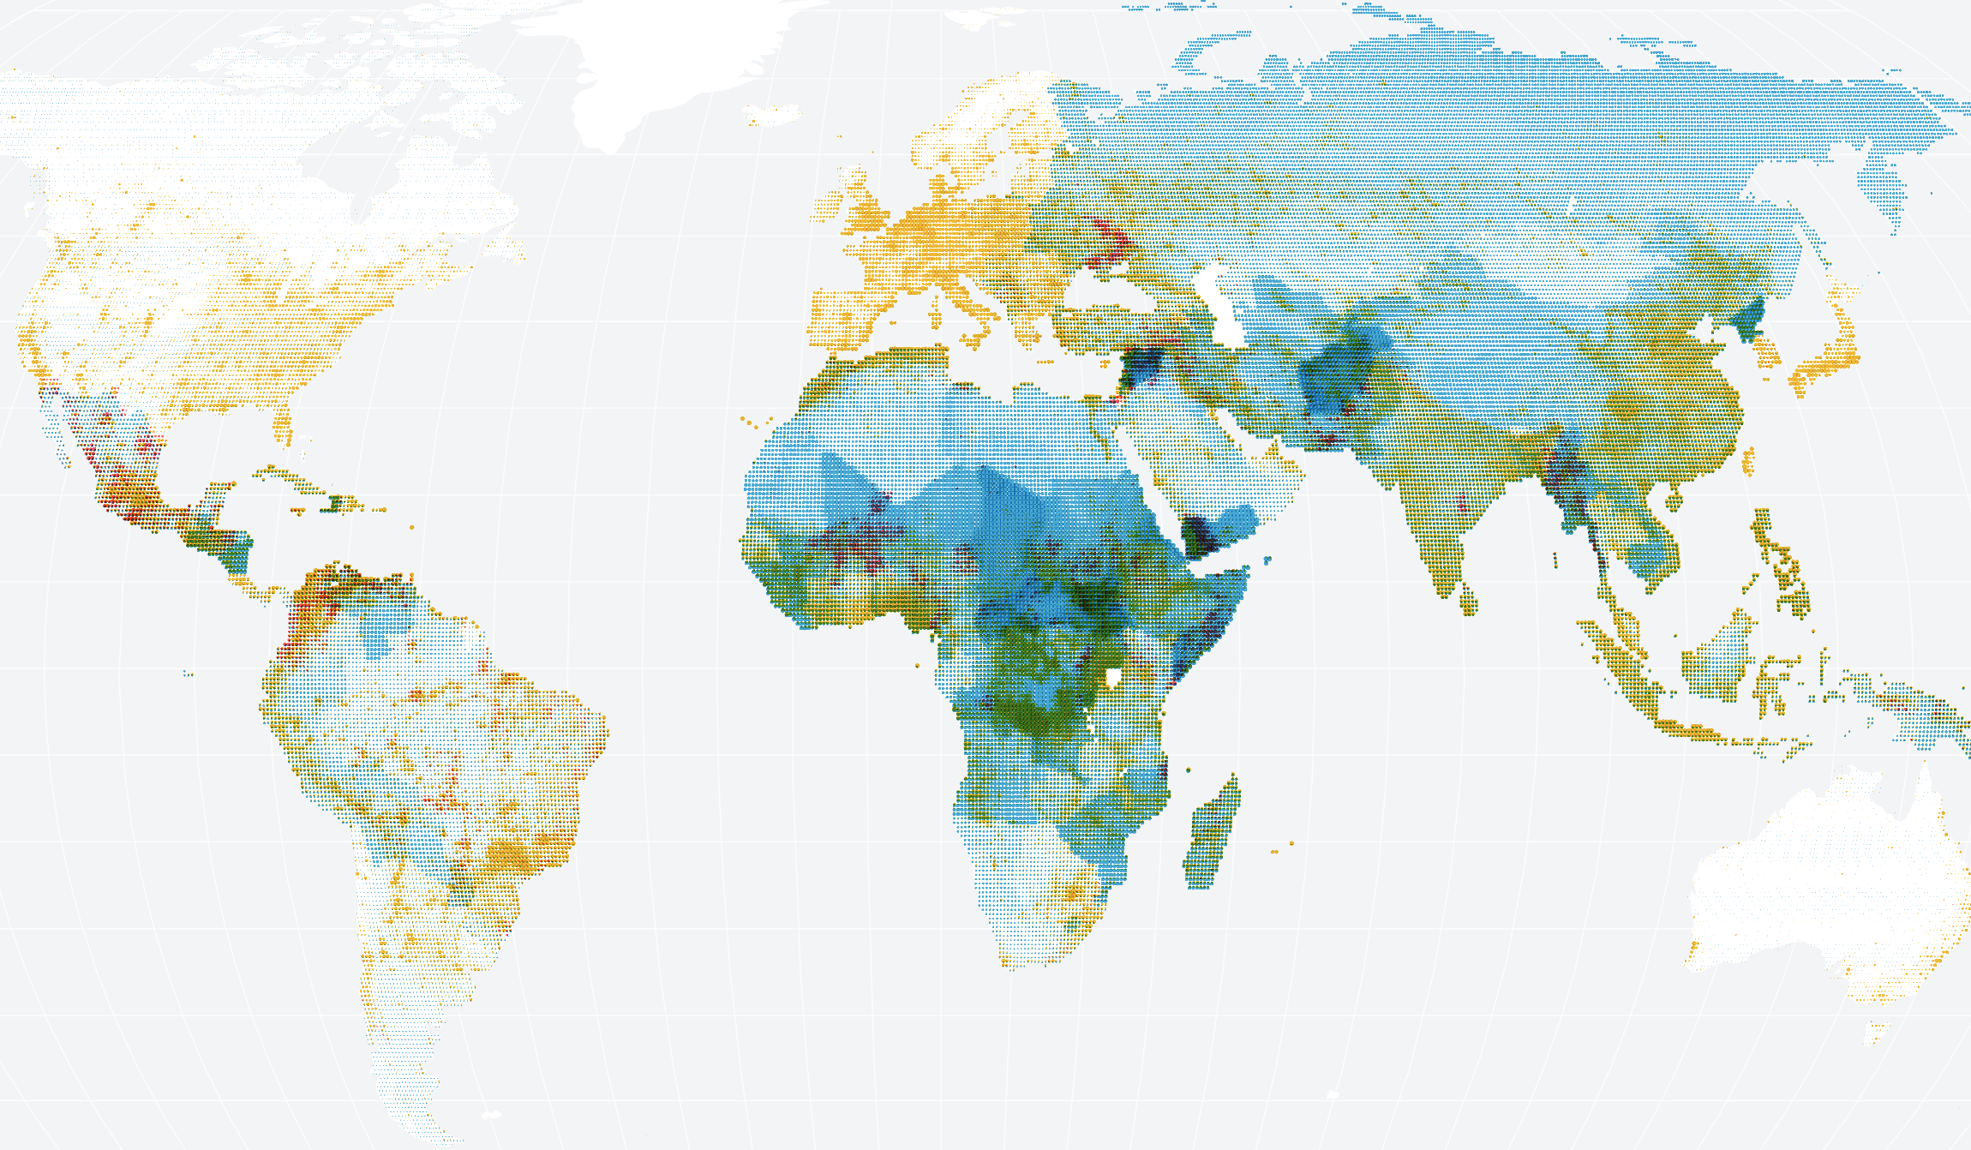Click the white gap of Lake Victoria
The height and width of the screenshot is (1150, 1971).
[1114, 678]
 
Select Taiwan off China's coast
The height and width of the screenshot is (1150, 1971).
[1748, 463]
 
